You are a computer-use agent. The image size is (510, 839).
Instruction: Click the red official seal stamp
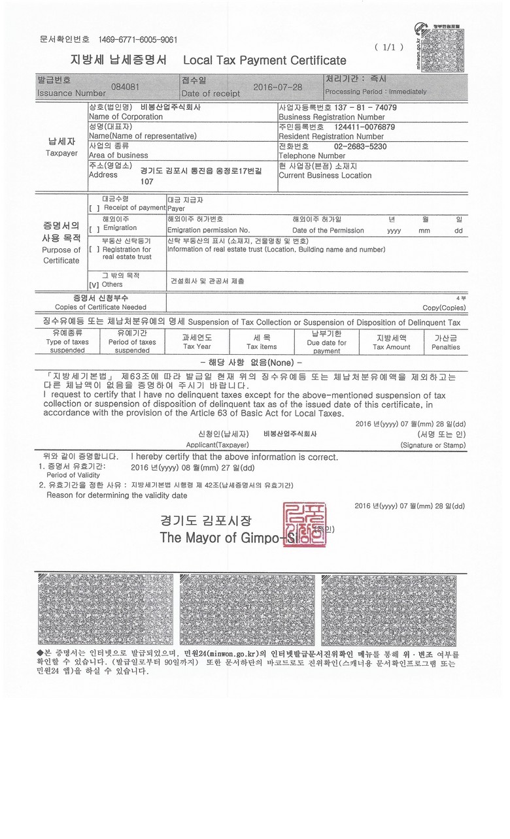point(305,525)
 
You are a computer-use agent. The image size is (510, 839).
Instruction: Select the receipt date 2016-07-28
point(277,86)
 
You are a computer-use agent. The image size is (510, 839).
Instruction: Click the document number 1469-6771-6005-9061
point(138,40)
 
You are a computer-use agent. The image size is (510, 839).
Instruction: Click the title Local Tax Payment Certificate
point(264,61)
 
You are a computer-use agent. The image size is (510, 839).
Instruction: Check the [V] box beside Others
point(93,285)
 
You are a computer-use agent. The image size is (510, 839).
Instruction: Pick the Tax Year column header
point(197,342)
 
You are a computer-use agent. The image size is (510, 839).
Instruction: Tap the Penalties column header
point(445,342)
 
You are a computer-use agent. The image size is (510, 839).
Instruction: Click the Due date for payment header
point(326,342)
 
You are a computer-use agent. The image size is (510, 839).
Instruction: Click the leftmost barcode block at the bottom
point(105,610)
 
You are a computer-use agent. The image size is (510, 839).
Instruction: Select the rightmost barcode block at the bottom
point(389,610)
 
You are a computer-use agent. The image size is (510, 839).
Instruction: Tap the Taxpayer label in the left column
point(61,147)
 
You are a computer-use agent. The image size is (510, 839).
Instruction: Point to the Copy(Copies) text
point(444,307)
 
